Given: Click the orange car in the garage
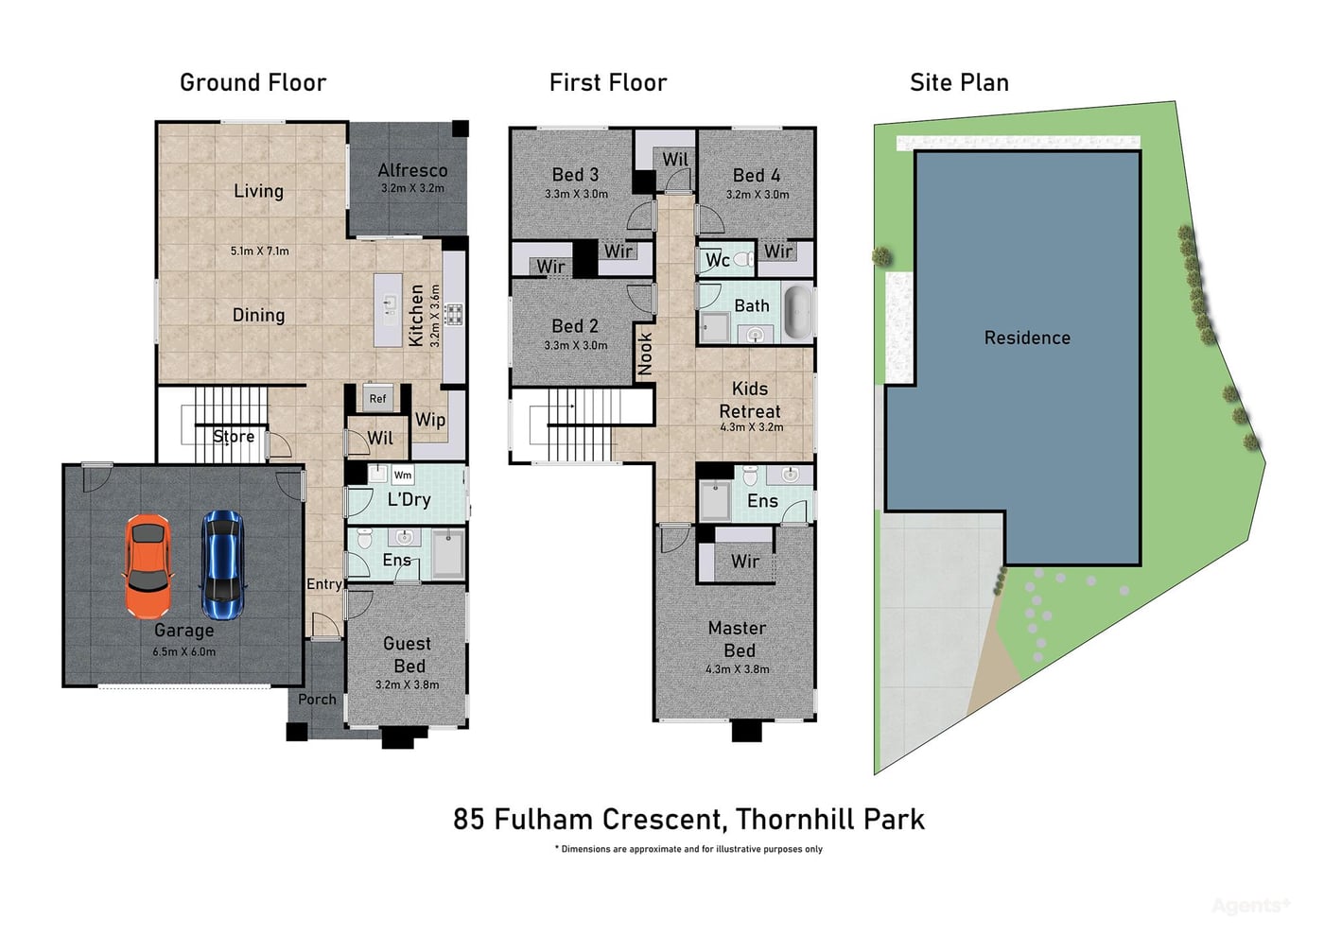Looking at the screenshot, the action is tap(148, 566).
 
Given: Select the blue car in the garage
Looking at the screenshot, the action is tap(223, 565).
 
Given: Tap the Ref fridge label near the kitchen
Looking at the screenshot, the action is tap(377, 398).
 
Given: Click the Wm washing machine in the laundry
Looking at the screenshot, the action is tap(403, 475).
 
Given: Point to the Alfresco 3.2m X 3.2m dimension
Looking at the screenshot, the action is tap(412, 188).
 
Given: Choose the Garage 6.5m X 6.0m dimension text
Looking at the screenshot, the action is tap(184, 652).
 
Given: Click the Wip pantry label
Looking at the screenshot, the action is tap(430, 420).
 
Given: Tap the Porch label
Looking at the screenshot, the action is tap(317, 700).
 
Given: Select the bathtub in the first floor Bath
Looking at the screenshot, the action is tap(798, 312).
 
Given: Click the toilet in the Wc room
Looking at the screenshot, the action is tap(744, 259).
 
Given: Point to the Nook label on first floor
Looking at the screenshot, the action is tap(645, 354).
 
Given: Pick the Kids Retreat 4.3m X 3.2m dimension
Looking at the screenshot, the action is tap(752, 427).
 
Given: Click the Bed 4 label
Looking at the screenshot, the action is tap(757, 176).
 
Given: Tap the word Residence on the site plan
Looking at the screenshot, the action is tap(1027, 338).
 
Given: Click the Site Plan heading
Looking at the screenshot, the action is tap(959, 83).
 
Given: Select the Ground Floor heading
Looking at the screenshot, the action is tap(253, 83).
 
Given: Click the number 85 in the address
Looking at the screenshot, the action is tap(469, 820).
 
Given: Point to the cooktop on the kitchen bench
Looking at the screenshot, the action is tap(454, 314).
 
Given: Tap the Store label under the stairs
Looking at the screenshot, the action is tap(234, 436).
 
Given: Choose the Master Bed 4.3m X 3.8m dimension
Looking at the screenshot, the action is tap(738, 669).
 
